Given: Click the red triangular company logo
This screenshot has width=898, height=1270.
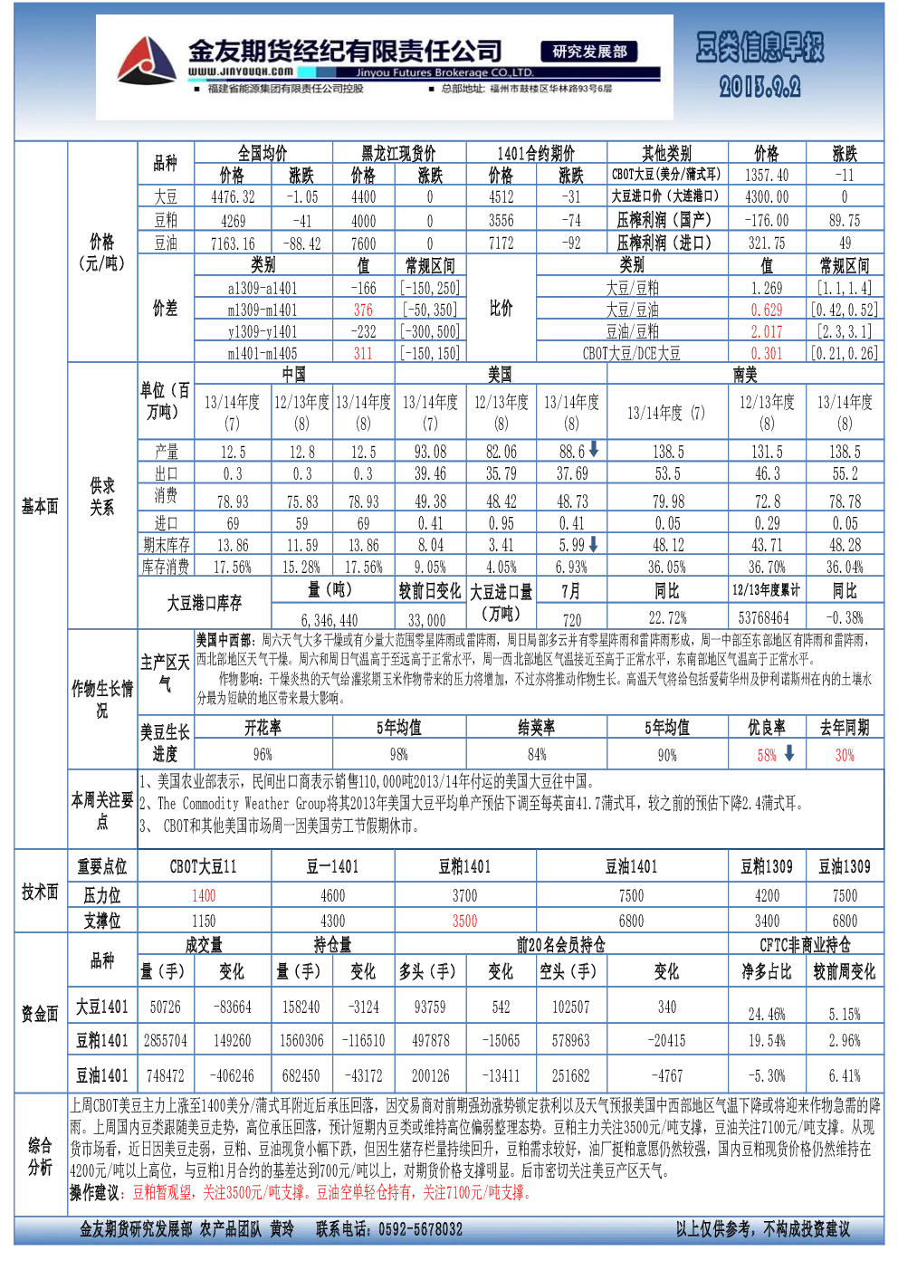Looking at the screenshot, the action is point(147,62).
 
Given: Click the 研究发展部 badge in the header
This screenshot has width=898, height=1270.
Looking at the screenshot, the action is point(589,52).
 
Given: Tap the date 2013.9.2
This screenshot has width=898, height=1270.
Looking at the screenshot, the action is point(759,87).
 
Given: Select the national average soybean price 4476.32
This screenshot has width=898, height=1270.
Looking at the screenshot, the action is point(233,196).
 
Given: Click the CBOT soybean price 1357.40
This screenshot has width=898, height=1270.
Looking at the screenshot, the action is point(767,176).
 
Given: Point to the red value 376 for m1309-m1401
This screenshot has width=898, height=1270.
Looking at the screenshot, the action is point(363,310).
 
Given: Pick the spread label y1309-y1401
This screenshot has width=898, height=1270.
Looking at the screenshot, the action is point(263,331).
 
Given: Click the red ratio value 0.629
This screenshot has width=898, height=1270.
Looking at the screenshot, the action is point(767,310).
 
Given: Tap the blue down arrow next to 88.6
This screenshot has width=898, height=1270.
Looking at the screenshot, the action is point(593,449).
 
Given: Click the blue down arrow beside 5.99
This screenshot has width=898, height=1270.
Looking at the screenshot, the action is point(593,544).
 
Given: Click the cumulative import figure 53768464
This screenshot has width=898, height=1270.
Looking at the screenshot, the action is point(767,616).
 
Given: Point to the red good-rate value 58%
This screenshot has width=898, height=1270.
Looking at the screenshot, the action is point(767,755).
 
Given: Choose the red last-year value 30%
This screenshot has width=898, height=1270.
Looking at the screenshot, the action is point(845,755).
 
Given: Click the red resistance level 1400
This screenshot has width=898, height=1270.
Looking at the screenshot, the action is point(204,895).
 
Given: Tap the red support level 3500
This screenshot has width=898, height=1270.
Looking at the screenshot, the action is point(465,921).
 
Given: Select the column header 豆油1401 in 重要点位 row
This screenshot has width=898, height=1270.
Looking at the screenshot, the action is point(632,866).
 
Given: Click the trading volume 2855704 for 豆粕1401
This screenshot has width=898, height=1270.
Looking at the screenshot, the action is point(166,1040).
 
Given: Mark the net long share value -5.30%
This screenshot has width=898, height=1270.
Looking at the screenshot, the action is point(767,1075).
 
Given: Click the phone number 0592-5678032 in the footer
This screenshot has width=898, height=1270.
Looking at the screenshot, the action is point(421,1228).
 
